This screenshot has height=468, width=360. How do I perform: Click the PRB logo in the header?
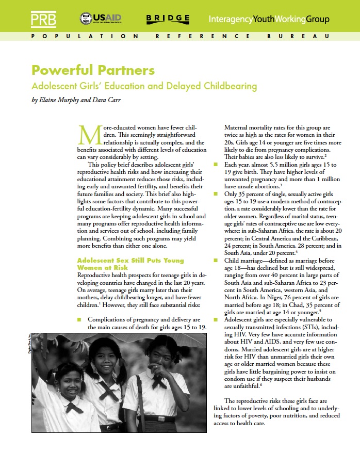point(44,19)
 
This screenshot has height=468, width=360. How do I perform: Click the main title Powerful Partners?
point(93,70)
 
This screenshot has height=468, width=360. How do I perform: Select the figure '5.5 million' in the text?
point(280,165)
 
